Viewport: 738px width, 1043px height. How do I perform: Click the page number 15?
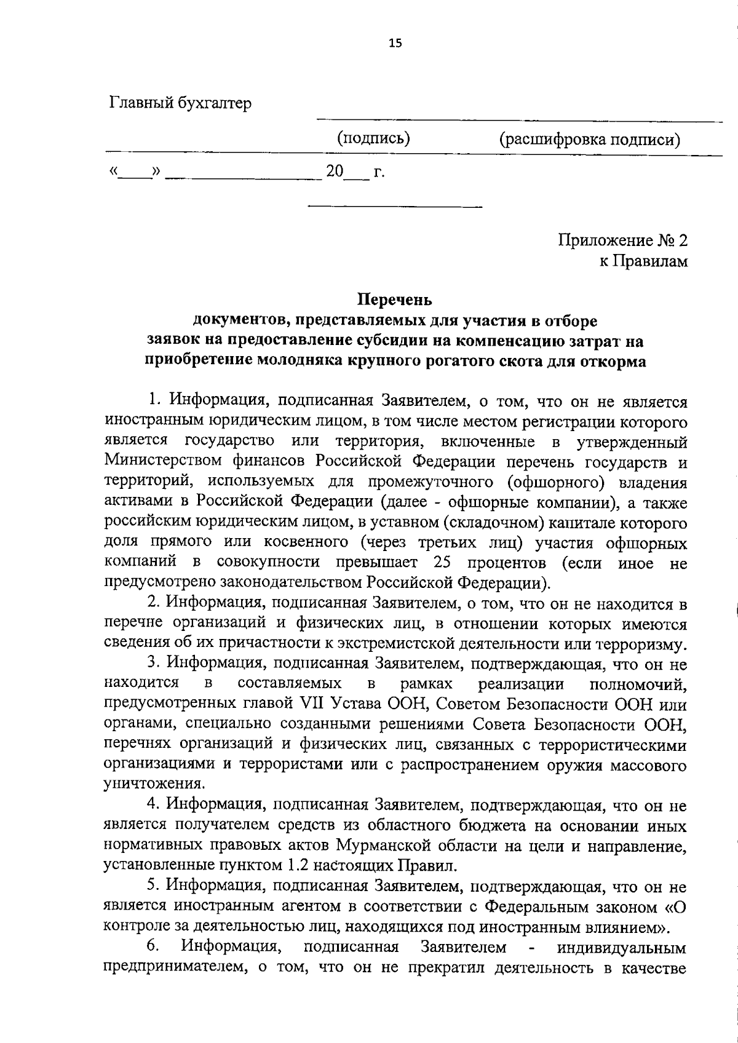(395, 42)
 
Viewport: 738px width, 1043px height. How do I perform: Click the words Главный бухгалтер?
(180, 103)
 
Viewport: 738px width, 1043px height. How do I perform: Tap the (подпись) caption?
(374, 138)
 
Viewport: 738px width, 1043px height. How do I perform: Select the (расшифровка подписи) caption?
(589, 140)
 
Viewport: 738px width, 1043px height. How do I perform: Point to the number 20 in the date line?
(335, 172)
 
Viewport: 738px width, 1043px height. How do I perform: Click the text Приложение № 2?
(622, 240)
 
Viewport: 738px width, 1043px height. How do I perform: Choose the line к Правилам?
(643, 261)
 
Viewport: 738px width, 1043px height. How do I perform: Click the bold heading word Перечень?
(395, 300)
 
